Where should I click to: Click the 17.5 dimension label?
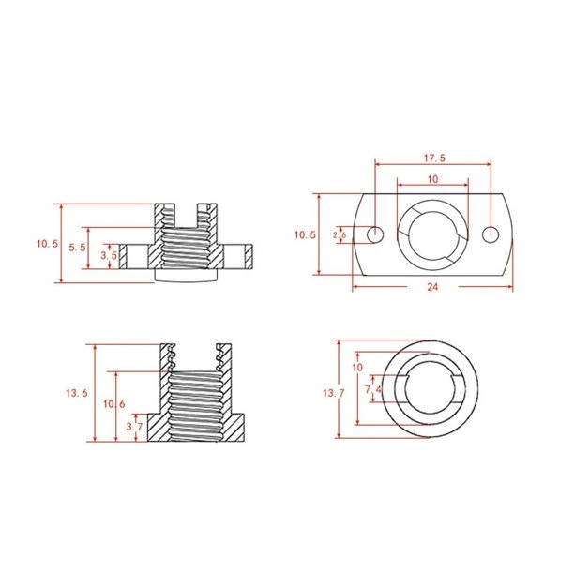434,159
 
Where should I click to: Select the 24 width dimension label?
432,287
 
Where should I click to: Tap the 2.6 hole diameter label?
340,235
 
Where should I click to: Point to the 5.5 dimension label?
77,248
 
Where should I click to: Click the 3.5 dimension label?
109,255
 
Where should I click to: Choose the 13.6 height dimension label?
77,393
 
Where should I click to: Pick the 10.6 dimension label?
113,404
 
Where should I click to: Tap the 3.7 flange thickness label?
134,427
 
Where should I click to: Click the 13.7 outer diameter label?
334,393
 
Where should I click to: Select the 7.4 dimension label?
373,389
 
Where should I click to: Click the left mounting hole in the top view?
375,234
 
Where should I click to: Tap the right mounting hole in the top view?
491,234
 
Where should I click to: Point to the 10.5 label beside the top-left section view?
47,244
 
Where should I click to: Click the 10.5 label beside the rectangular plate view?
305,234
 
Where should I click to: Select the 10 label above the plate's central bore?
432,179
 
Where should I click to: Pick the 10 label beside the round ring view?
357,367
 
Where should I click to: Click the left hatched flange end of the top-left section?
123,257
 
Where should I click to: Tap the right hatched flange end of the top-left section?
249,257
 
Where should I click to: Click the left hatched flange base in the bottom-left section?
158,427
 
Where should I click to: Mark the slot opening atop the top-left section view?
187,216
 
